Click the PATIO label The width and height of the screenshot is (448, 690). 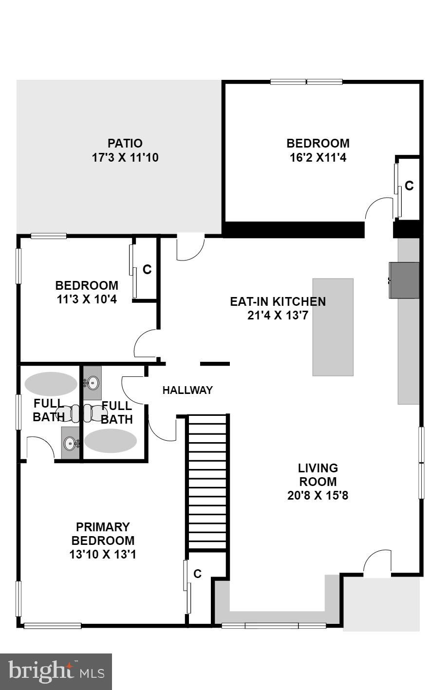pos(125,143)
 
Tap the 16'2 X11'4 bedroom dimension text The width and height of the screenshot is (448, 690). pos(318,158)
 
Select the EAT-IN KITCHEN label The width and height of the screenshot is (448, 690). pos(278,301)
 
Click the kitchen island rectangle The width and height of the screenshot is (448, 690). pos(333,327)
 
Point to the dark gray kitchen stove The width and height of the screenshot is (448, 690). pos(404,280)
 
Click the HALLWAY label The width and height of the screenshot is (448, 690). pos(187,390)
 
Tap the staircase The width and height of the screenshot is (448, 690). pos(207,482)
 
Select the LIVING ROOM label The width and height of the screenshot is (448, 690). pos(317,475)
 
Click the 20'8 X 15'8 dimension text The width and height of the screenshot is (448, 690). pos(317,496)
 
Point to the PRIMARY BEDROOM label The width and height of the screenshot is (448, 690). pos(103,534)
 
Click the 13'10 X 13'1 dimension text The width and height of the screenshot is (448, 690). pos(103,554)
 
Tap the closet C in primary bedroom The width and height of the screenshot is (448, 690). pos(197,574)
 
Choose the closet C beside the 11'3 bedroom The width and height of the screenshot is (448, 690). pos(147,269)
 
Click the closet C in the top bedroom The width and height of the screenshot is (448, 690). pos(409,186)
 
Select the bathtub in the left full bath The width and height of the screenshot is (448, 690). pos(51,383)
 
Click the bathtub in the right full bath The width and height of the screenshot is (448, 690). pos(111,441)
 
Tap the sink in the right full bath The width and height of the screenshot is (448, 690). pos(93,383)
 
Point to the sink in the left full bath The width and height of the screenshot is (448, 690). pos(70,443)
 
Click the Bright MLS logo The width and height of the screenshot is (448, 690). pos(56,672)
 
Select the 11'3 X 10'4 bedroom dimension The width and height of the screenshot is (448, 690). pos(87,299)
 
